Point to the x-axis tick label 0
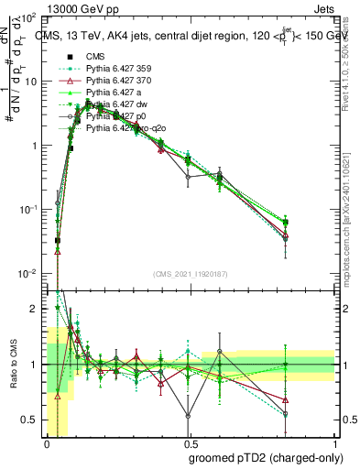tap(47, 443)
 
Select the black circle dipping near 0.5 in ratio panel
tap(188, 416)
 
